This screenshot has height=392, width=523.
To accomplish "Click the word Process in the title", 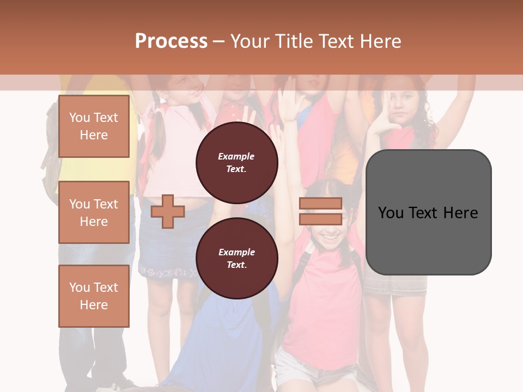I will pyautogui.click(x=171, y=41).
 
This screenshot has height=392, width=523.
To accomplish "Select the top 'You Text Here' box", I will pyautogui.click(x=94, y=126).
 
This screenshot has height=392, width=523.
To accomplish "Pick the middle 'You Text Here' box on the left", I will pyautogui.click(x=94, y=212).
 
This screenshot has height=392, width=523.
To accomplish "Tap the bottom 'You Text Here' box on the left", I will pyautogui.click(x=94, y=296).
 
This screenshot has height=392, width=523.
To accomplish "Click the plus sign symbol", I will pyautogui.click(x=168, y=211).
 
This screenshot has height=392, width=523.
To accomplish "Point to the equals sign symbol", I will pyautogui.click(x=320, y=211).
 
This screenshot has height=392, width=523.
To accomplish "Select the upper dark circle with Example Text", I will pyautogui.click(x=236, y=162).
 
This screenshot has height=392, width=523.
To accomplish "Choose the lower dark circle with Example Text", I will pyautogui.click(x=236, y=258).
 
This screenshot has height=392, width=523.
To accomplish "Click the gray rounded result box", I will pyautogui.click(x=428, y=212).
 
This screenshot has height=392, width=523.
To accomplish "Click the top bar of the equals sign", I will pyautogui.click(x=320, y=204).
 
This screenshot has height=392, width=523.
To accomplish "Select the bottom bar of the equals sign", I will pyautogui.click(x=320, y=219).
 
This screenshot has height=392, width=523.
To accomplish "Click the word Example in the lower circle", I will pyautogui.click(x=236, y=252).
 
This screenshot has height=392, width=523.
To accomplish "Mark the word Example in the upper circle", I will pyautogui.click(x=236, y=156).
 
